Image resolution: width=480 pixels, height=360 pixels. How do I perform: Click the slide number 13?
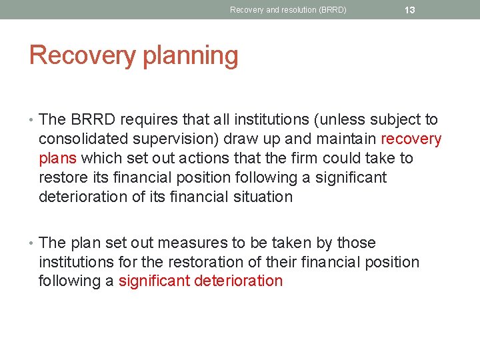click(409, 10)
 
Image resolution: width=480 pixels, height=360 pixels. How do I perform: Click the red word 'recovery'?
click(411, 139)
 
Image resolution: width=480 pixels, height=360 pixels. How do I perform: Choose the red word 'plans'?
click(58, 159)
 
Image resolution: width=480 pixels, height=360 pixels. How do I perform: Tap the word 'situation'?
click(261, 197)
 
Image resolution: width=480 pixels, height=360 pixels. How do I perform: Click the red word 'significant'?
click(154, 281)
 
